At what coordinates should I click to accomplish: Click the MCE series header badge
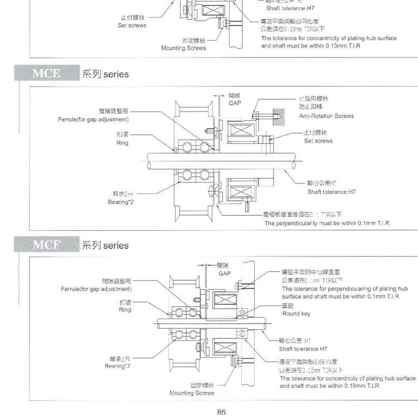(x=47, y=74)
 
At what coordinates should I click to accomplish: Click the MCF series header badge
(x=47, y=245)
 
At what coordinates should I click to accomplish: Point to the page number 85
(x=221, y=412)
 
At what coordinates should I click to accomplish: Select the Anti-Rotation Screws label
(x=326, y=116)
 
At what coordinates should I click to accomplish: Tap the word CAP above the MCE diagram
(x=234, y=103)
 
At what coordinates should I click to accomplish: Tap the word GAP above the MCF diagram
(x=224, y=274)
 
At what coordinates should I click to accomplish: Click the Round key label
(x=296, y=314)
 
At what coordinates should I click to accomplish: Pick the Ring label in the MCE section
(x=122, y=143)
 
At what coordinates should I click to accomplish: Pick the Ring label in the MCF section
(x=125, y=309)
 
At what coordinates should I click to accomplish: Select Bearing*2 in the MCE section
(x=119, y=202)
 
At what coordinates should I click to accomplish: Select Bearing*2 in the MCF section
(x=118, y=366)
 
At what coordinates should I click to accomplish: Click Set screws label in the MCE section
(x=318, y=141)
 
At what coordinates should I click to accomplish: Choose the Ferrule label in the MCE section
(x=93, y=119)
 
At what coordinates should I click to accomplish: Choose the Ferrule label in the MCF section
(x=96, y=289)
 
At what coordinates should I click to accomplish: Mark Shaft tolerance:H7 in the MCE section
(x=331, y=192)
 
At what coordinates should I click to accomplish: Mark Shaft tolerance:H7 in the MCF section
(x=303, y=348)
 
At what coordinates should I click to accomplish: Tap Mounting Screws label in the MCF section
(x=192, y=393)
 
